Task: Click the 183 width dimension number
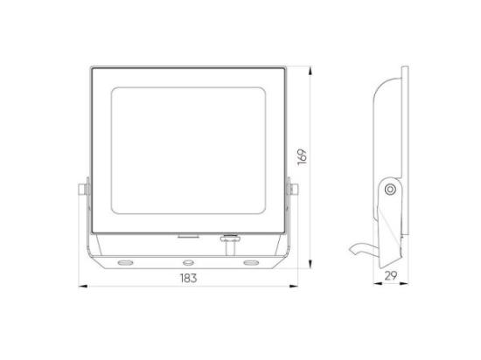pos(188,278)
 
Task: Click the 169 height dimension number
pos(303,157)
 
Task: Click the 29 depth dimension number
pos(391,276)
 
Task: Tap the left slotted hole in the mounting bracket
pos(125,262)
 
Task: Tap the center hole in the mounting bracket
pos(188,262)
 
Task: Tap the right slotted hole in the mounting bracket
pos(251,262)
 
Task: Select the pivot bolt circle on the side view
pos(390,190)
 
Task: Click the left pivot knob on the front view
pos(83,189)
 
